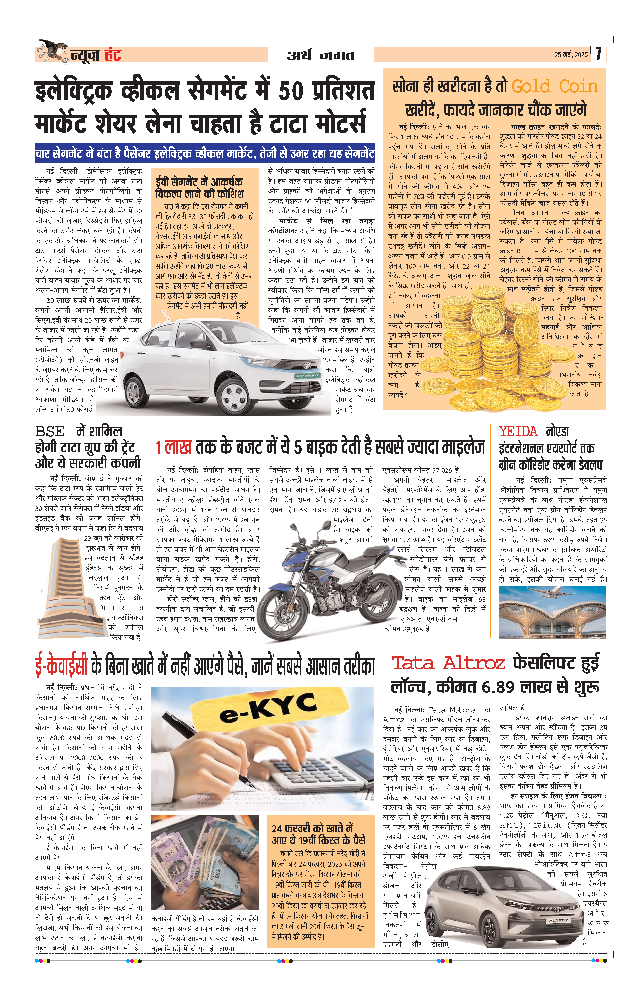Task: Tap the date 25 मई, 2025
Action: tap(570, 55)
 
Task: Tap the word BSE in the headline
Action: tap(50, 432)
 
